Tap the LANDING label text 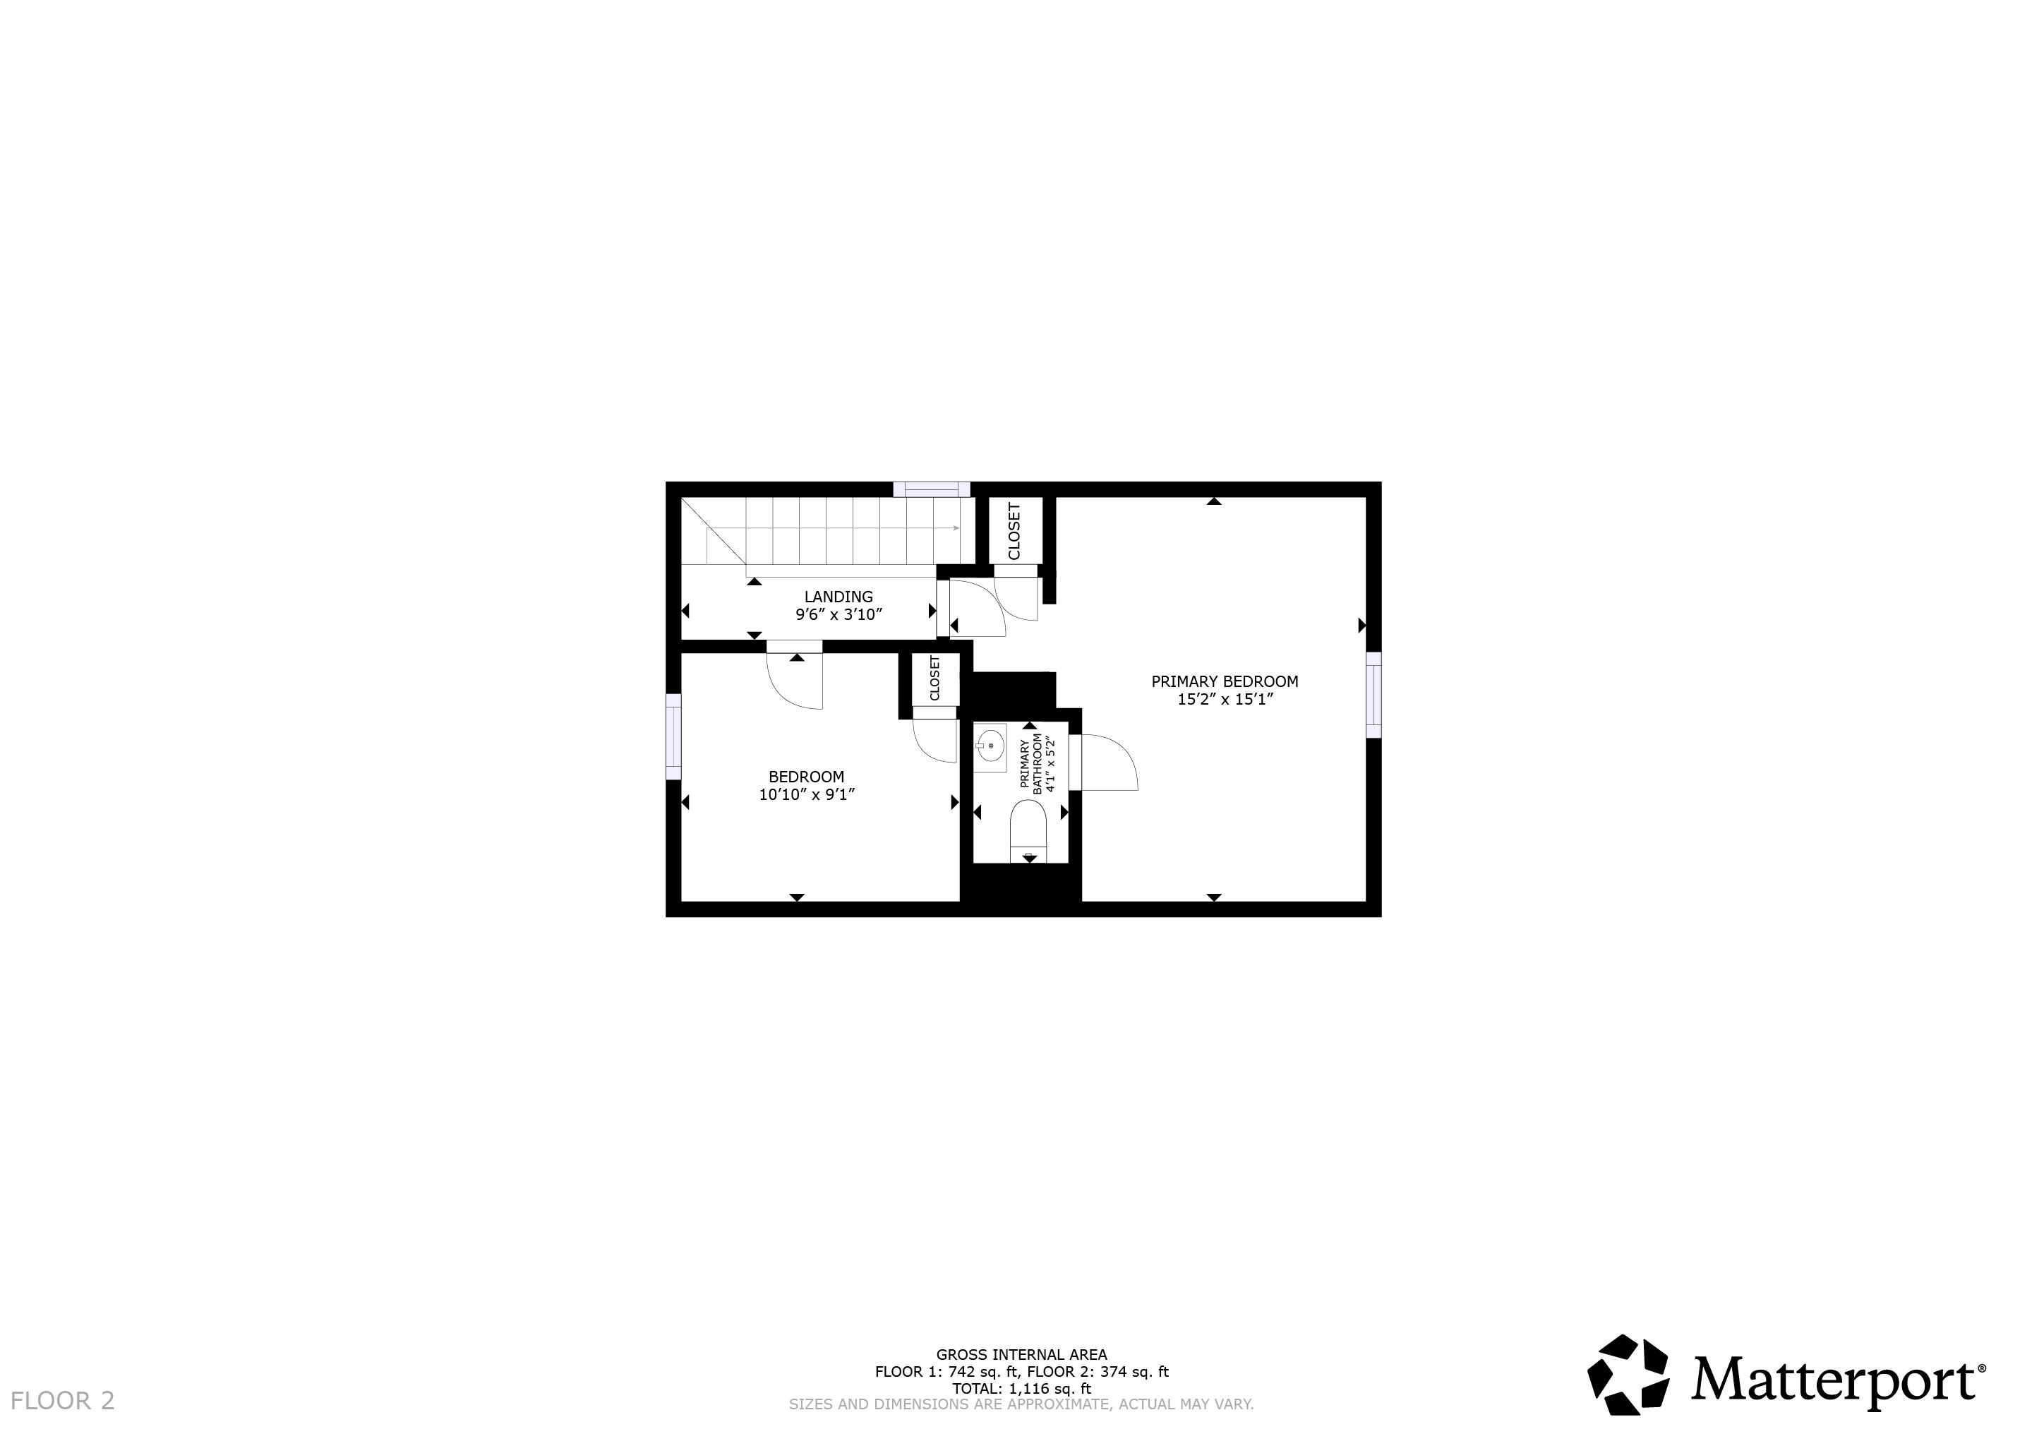tap(838, 597)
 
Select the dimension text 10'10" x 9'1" tap(807, 794)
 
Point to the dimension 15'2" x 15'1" tap(1225, 700)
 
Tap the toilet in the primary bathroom tap(1028, 829)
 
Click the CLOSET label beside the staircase tap(1014, 532)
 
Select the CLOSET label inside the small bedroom tap(934, 679)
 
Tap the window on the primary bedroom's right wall tap(1373, 695)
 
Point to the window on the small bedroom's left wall tap(674, 736)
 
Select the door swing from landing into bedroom tap(795, 681)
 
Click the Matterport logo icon tap(1628, 1375)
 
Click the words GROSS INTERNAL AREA tap(1021, 1355)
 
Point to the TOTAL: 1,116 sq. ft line tap(1021, 1388)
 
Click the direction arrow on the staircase tap(954, 528)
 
